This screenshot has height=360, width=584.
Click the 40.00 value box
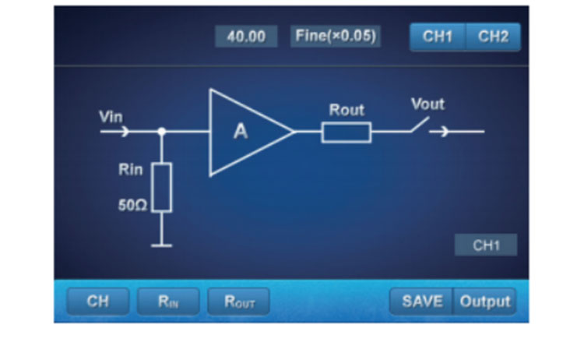point(245,37)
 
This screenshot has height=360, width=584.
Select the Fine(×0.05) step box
point(336,37)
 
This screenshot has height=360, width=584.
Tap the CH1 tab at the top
point(438,37)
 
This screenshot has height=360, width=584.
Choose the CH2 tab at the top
point(493,37)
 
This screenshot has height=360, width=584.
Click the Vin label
point(111,117)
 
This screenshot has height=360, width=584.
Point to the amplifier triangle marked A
point(245,132)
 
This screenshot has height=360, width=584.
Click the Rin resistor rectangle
point(161,188)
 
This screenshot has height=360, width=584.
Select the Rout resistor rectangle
point(347,132)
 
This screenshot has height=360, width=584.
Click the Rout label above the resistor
point(347,110)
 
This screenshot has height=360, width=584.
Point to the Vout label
point(427,104)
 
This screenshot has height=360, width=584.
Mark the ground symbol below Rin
point(161,245)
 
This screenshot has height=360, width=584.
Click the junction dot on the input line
point(161,132)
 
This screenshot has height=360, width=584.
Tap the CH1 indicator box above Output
point(485,245)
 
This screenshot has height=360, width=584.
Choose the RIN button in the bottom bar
point(168,302)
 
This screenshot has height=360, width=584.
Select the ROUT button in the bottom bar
point(238,302)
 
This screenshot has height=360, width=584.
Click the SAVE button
point(421,302)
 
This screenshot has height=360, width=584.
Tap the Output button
point(484,302)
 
